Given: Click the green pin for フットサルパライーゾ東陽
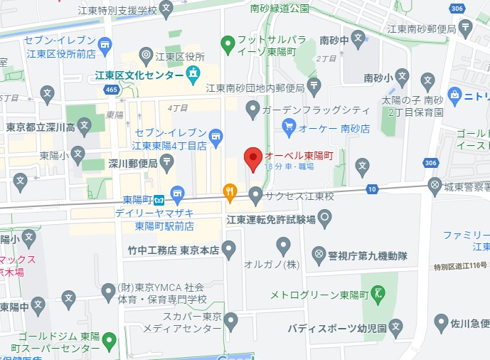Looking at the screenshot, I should coord(228,45).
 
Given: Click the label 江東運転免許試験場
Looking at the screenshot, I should coord(271,221).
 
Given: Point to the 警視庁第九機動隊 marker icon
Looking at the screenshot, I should coord(319,253).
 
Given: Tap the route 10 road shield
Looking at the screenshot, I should coord(372,189).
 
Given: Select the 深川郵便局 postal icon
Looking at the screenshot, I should coord(166,162).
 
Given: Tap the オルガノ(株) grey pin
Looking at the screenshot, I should coord(283,246).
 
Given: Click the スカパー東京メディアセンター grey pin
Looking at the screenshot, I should coord(230,322).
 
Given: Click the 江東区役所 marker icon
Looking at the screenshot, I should coord(147,55).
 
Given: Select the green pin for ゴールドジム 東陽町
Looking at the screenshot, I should coord(109,341).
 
